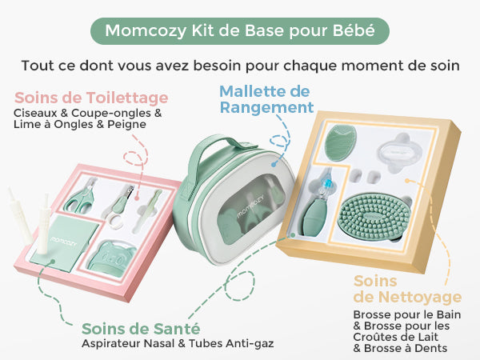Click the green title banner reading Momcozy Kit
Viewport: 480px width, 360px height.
240,31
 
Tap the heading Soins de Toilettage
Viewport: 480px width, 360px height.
91,98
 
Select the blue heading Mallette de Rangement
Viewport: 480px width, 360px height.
266,99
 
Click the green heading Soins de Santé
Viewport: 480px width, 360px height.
141,329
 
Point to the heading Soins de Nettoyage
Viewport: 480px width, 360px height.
407,290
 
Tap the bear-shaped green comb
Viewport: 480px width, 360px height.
111,258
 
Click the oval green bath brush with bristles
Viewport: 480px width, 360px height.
375,216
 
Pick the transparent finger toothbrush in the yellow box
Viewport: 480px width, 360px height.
399,151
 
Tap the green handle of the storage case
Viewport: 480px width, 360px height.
214,153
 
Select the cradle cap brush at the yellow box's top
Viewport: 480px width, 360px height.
341,142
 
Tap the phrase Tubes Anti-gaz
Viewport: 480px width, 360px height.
231,343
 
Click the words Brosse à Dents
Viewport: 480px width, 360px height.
406,348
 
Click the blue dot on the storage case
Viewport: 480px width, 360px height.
273,164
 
